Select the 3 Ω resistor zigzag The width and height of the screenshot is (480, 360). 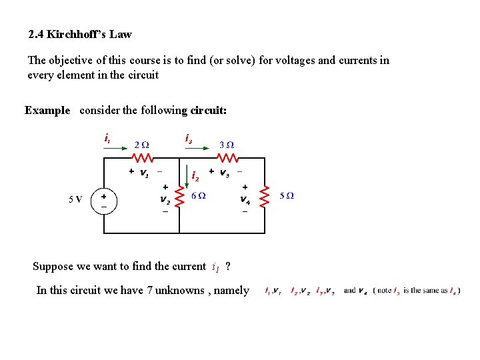227,159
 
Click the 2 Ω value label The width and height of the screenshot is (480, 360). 141,145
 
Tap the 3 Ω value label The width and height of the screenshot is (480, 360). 227,145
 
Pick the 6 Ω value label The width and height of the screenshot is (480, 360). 198,196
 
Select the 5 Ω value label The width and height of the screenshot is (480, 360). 287,196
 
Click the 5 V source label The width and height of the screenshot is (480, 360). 75,199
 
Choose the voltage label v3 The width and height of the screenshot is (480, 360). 224,173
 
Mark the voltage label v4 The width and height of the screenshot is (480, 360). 245,199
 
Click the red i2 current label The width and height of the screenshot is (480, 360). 195,177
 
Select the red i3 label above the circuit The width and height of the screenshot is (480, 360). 189,139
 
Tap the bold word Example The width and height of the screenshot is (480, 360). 47,111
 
